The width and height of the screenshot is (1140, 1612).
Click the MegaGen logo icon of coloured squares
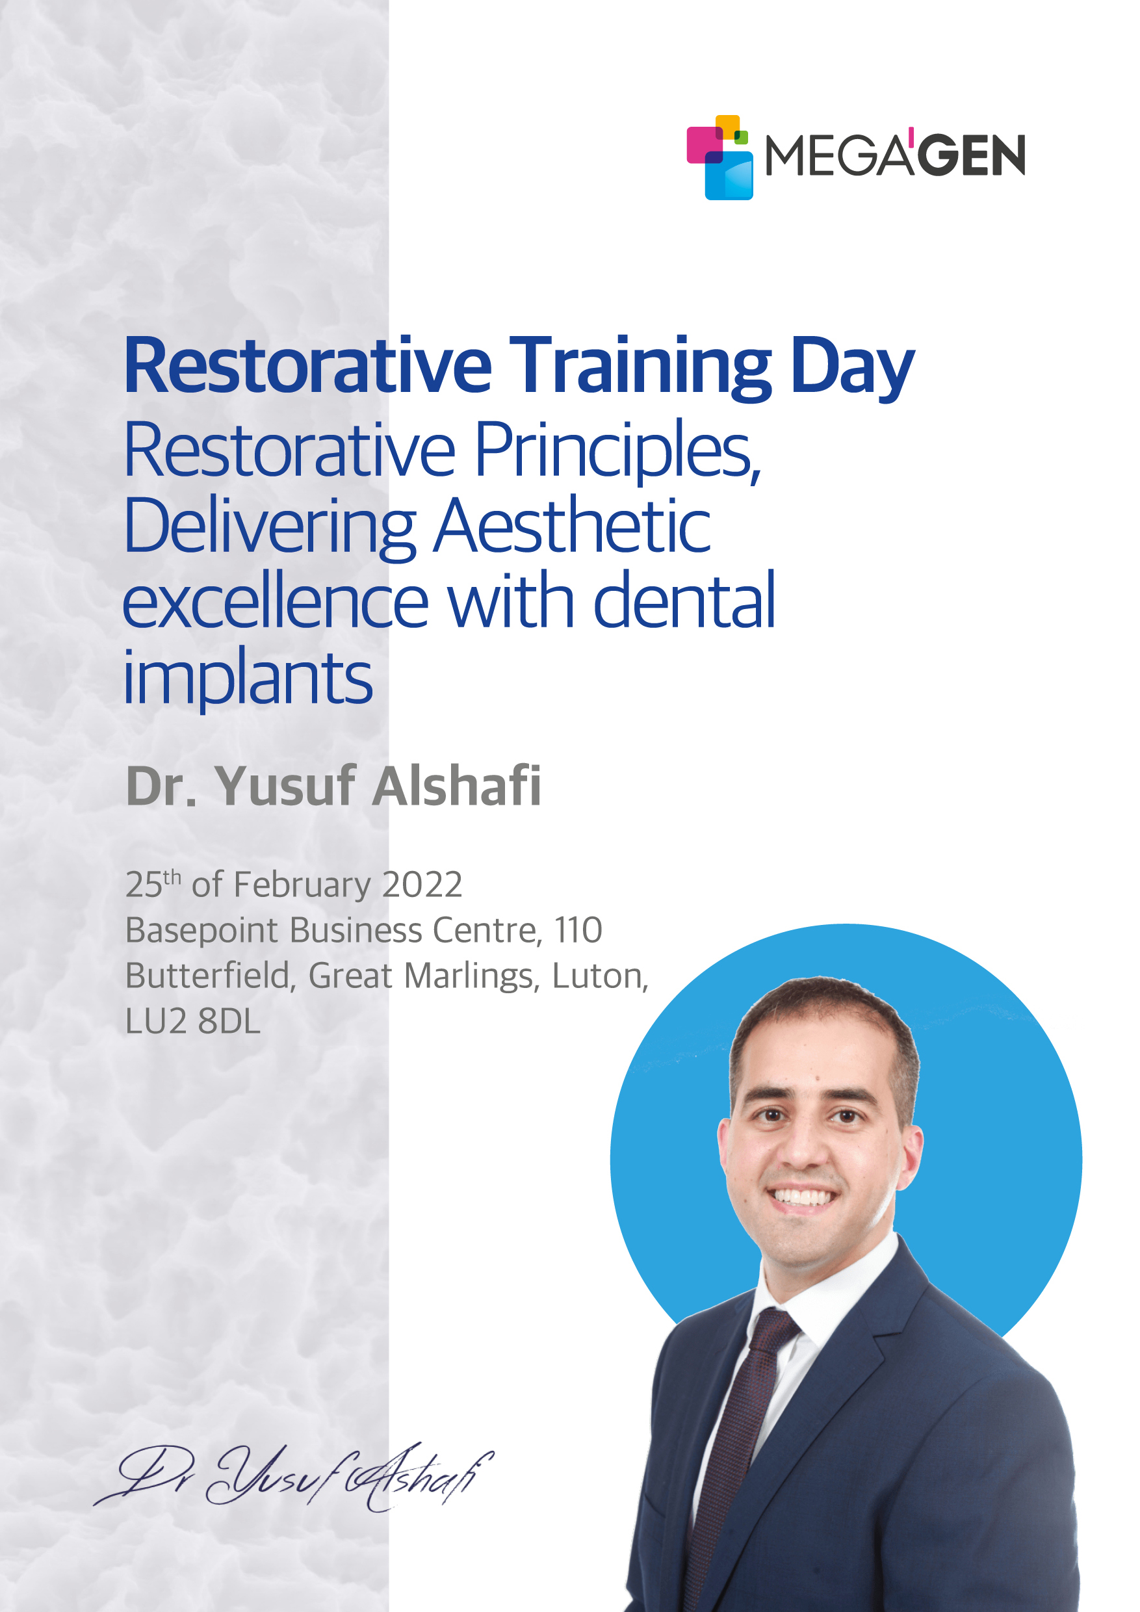pyautogui.click(x=719, y=157)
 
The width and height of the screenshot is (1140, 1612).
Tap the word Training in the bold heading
pyautogui.click(x=640, y=367)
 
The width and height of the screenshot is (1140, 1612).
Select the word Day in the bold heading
pyautogui.click(x=852, y=367)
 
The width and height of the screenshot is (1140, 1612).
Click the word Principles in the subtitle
pyautogui.click(x=617, y=452)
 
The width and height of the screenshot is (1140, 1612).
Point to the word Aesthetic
pyautogui.click(x=571, y=525)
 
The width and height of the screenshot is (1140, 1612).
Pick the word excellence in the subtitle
pyautogui.click(x=275, y=601)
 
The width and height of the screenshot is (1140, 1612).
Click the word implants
pyautogui.click(x=247, y=678)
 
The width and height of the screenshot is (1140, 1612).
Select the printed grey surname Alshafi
pyautogui.click(x=456, y=786)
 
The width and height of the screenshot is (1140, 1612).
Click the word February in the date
pyautogui.click(x=302, y=885)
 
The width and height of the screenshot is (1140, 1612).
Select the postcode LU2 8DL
pyautogui.click(x=193, y=1022)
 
